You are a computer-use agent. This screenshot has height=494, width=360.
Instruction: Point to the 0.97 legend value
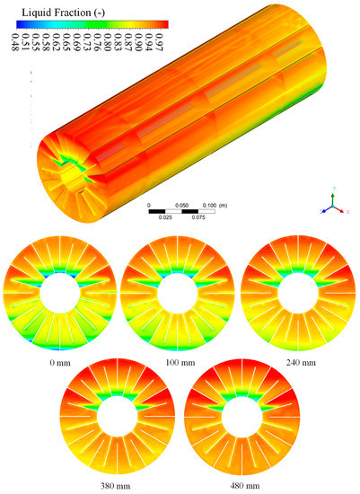(159, 43)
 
